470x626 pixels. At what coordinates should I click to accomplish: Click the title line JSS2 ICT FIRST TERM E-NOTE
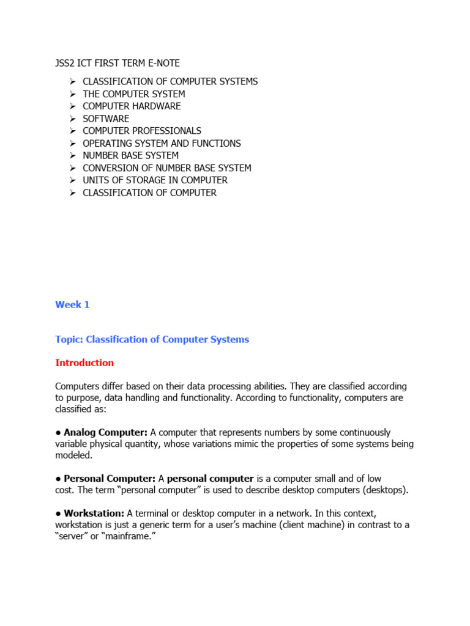pos(117,63)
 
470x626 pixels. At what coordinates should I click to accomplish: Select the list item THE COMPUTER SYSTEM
pos(134,94)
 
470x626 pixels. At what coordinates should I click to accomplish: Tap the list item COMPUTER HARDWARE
pos(132,106)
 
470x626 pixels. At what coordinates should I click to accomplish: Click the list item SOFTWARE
pos(106,119)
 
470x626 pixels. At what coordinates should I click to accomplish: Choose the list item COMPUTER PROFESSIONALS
pos(142,131)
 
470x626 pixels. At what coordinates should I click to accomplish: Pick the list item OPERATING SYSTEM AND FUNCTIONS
pos(162,143)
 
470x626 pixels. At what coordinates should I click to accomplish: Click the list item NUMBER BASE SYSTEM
pos(130,155)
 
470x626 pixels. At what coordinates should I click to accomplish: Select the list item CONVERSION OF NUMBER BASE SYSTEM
pos(167,168)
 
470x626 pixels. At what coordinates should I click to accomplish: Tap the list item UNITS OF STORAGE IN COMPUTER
pos(155,180)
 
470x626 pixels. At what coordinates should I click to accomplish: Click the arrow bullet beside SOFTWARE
pos(72,119)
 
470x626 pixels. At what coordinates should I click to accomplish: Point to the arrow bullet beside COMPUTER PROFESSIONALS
pos(72,131)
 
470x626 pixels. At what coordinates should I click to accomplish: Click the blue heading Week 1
pos(72,304)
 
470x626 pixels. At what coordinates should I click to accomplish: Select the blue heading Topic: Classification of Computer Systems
pos(152,339)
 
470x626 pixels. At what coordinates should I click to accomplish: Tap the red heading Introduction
pos(84,363)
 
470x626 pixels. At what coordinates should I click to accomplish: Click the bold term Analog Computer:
pos(105,432)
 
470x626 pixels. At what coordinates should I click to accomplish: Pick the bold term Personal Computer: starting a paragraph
pos(109,478)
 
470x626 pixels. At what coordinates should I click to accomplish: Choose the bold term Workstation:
pos(94,513)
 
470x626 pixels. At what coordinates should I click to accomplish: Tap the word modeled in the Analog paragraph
pos(75,455)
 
